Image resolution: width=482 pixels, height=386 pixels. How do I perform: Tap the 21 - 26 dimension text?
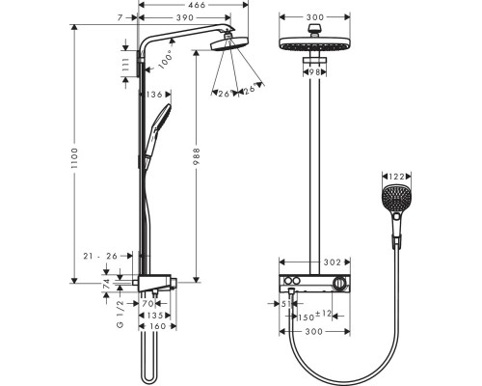pos(98,256)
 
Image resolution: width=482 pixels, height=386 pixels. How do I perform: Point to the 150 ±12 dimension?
pos(314,314)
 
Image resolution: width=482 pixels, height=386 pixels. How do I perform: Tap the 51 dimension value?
pos(286,302)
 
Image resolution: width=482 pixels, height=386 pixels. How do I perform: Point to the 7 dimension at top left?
pos(120,18)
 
